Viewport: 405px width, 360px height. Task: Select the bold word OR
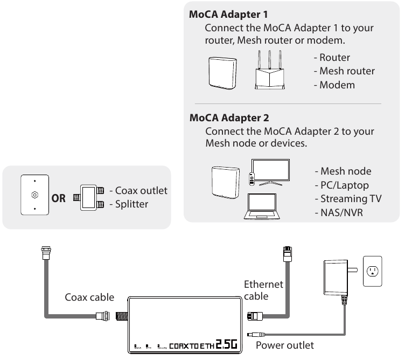pos(58,198)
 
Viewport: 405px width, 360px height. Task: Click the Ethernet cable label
pos(263,290)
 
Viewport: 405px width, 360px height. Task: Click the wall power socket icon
pos(372,271)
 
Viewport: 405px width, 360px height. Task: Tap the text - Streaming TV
pos(348,198)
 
